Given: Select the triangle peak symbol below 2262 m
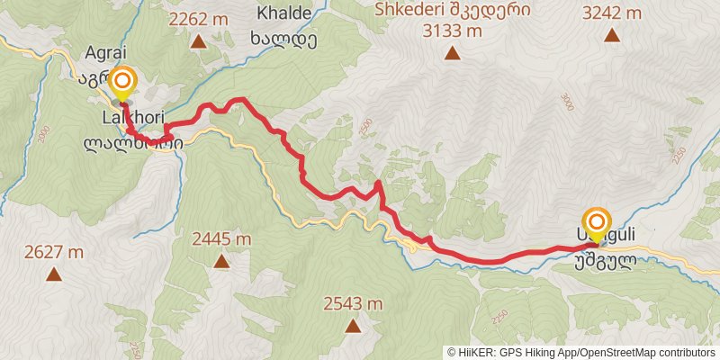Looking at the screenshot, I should [x=197, y=40].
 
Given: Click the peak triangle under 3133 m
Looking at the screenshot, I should [x=451, y=53].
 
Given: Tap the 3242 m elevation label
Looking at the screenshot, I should [x=612, y=13].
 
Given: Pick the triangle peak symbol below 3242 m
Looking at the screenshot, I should [x=612, y=36].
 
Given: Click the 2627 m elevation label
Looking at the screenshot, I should [x=54, y=252].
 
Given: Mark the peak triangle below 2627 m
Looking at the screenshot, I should [x=54, y=274].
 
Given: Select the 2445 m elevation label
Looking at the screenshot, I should [x=221, y=239].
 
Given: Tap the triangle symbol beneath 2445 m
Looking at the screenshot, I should [x=221, y=262].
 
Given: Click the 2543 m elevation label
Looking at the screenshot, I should [x=353, y=303].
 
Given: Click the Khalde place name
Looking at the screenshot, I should [x=284, y=13].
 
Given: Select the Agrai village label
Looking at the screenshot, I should [x=100, y=51].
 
